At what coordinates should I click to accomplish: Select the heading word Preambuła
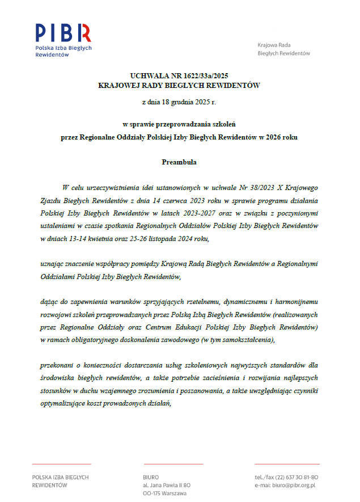[179, 162]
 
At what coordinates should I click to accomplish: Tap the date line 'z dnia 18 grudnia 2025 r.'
[179, 103]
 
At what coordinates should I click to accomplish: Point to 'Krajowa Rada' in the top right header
[274, 44]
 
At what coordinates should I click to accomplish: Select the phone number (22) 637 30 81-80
[298, 477]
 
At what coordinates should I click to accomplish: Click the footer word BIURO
[151, 477]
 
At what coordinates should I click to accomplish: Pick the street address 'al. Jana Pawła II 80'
[167, 486]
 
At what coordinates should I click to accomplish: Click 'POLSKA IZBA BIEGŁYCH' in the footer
[61, 477]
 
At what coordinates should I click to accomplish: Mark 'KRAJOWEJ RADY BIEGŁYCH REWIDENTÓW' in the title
[179, 85]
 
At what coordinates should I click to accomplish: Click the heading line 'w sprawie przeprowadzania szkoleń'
[179, 123]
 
